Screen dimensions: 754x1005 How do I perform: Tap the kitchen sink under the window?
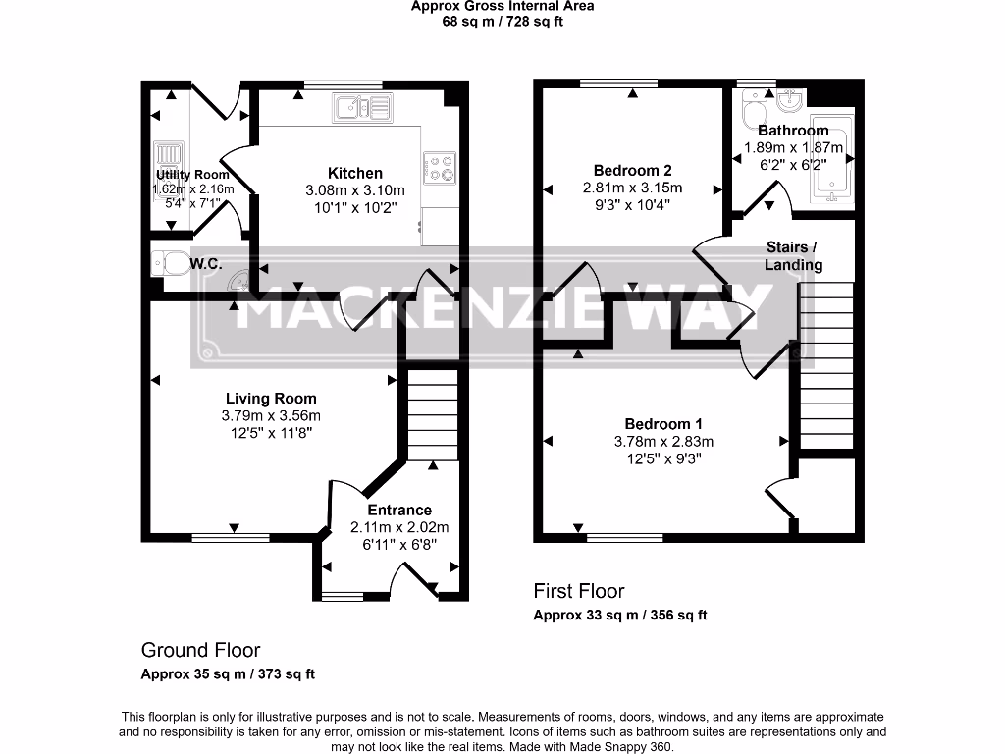pyautogui.click(x=361, y=107)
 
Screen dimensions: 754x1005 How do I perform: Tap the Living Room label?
pyautogui.click(x=271, y=398)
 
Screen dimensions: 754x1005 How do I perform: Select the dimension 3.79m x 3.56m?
pyautogui.click(x=271, y=415)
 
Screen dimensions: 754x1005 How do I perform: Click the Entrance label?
pyautogui.click(x=399, y=510)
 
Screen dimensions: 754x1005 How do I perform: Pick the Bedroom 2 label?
pyautogui.click(x=633, y=170)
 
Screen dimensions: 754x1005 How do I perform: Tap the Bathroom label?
pyautogui.click(x=793, y=131)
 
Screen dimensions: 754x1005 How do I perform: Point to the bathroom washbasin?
pyautogui.click(x=788, y=100)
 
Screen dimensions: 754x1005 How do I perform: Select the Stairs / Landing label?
pyautogui.click(x=793, y=255)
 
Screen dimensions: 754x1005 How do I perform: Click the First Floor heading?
pyautogui.click(x=579, y=591)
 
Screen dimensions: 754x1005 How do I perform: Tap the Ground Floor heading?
pyautogui.click(x=201, y=650)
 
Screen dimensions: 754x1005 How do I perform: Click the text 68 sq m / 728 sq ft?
pyautogui.click(x=502, y=21)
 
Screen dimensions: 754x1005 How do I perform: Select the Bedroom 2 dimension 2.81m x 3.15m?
pyautogui.click(x=633, y=188)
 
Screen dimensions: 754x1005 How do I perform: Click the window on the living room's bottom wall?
pyautogui.click(x=231, y=537)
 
